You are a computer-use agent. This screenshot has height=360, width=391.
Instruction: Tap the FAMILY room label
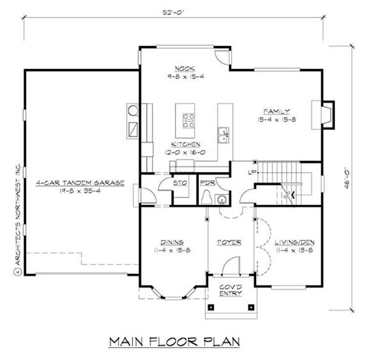click(276, 111)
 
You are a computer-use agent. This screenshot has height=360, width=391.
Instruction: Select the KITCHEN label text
click(185, 145)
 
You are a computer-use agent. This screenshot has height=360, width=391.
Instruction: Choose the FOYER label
click(230, 242)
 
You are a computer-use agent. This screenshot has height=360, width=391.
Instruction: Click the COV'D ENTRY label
click(230, 289)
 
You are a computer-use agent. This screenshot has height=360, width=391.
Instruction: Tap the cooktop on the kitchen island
click(188, 120)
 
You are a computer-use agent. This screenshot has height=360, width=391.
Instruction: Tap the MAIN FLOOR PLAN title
click(174, 340)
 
